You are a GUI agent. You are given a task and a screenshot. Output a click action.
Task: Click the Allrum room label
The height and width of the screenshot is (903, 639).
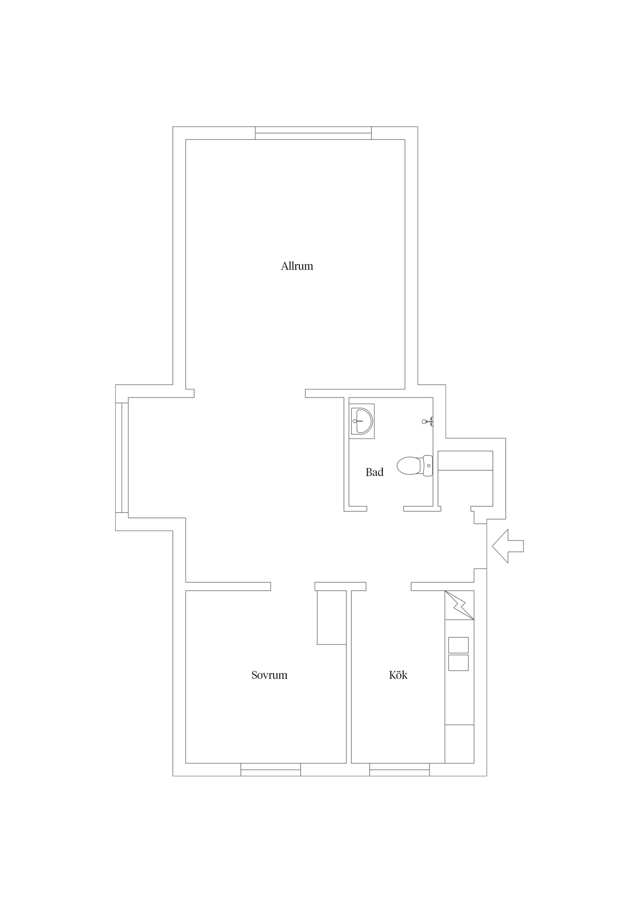click(297, 266)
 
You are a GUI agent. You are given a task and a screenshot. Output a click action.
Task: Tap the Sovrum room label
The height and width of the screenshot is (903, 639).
click(269, 675)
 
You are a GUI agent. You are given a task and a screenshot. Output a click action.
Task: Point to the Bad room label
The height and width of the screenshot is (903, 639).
click(374, 472)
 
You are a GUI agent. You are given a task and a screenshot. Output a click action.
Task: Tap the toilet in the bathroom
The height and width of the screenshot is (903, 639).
click(415, 466)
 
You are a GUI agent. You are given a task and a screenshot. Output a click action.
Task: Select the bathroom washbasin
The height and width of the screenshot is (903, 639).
click(361, 421)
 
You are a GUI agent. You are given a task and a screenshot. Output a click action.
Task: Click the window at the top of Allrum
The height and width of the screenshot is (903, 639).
click(314, 133)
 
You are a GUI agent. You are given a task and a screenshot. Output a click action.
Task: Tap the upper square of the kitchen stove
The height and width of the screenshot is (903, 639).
click(458, 645)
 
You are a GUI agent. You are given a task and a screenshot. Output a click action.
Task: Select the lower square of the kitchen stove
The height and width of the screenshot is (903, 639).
click(458, 663)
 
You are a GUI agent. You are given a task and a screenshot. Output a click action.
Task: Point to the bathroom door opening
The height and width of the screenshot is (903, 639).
click(385, 509)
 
